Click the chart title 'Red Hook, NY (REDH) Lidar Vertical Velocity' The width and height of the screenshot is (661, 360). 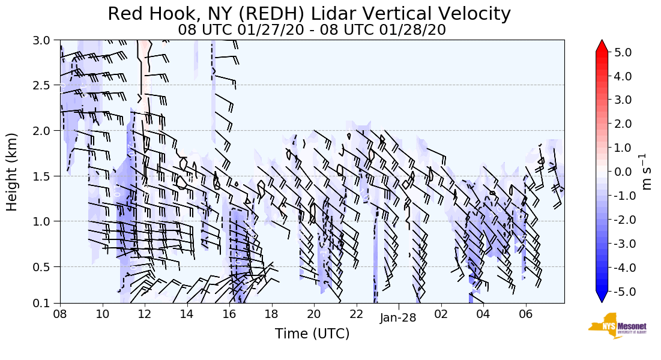click(309, 14)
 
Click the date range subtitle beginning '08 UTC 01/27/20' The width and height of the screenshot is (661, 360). click(312, 29)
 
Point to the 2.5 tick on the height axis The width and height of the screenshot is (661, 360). click(46, 85)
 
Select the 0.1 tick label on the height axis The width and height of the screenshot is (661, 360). click(46, 303)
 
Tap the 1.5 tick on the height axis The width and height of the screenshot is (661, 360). click(46, 176)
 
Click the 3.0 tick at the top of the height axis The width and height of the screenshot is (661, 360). click(46, 41)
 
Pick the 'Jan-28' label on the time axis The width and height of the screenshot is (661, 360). click(398, 319)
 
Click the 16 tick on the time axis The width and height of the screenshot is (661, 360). click(229, 314)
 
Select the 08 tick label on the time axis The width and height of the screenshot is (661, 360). click(60, 314)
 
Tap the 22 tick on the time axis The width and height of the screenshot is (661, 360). click(356, 314)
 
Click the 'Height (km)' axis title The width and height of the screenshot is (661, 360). click(12, 172)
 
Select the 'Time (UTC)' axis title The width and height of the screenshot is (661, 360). click(312, 334)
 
